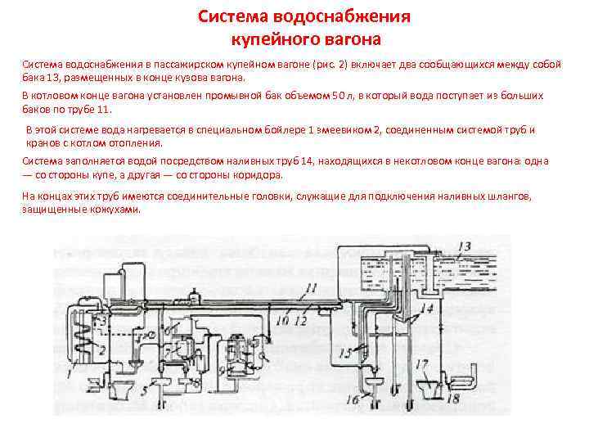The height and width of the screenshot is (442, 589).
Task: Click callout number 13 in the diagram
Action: click(x=464, y=246)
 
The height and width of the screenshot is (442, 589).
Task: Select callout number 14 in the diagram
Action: click(x=427, y=309)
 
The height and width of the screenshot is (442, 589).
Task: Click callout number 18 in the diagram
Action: click(x=452, y=399)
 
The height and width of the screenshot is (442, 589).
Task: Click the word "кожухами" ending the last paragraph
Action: click(x=118, y=210)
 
